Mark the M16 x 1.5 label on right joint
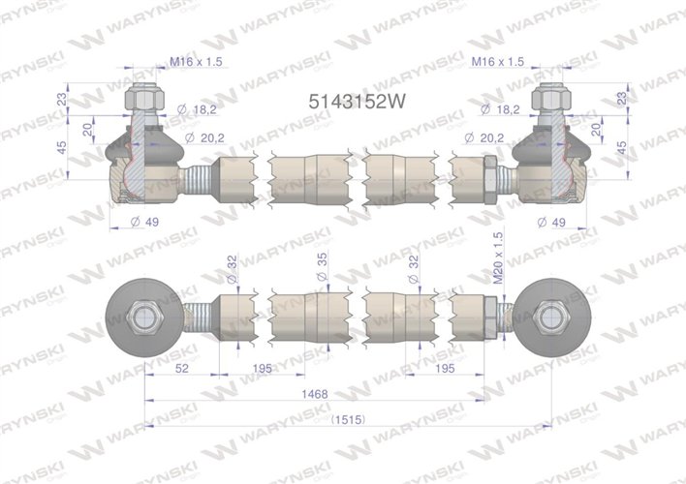498,61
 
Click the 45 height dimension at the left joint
63,148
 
